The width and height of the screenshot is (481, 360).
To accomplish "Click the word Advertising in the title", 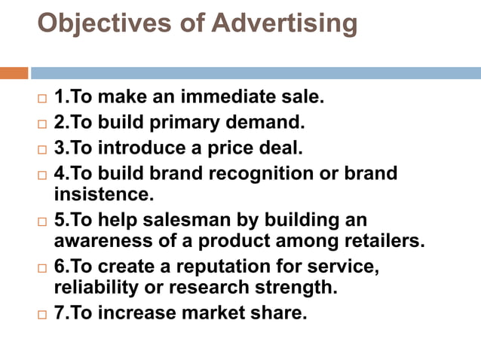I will (x=284, y=23).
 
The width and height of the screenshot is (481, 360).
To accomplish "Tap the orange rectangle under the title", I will (x=14, y=73).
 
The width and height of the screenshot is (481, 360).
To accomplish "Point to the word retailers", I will (x=382, y=241).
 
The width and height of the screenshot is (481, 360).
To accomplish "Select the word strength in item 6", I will (x=296, y=288).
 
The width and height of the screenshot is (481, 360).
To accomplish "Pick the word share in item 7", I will (x=281, y=313).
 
